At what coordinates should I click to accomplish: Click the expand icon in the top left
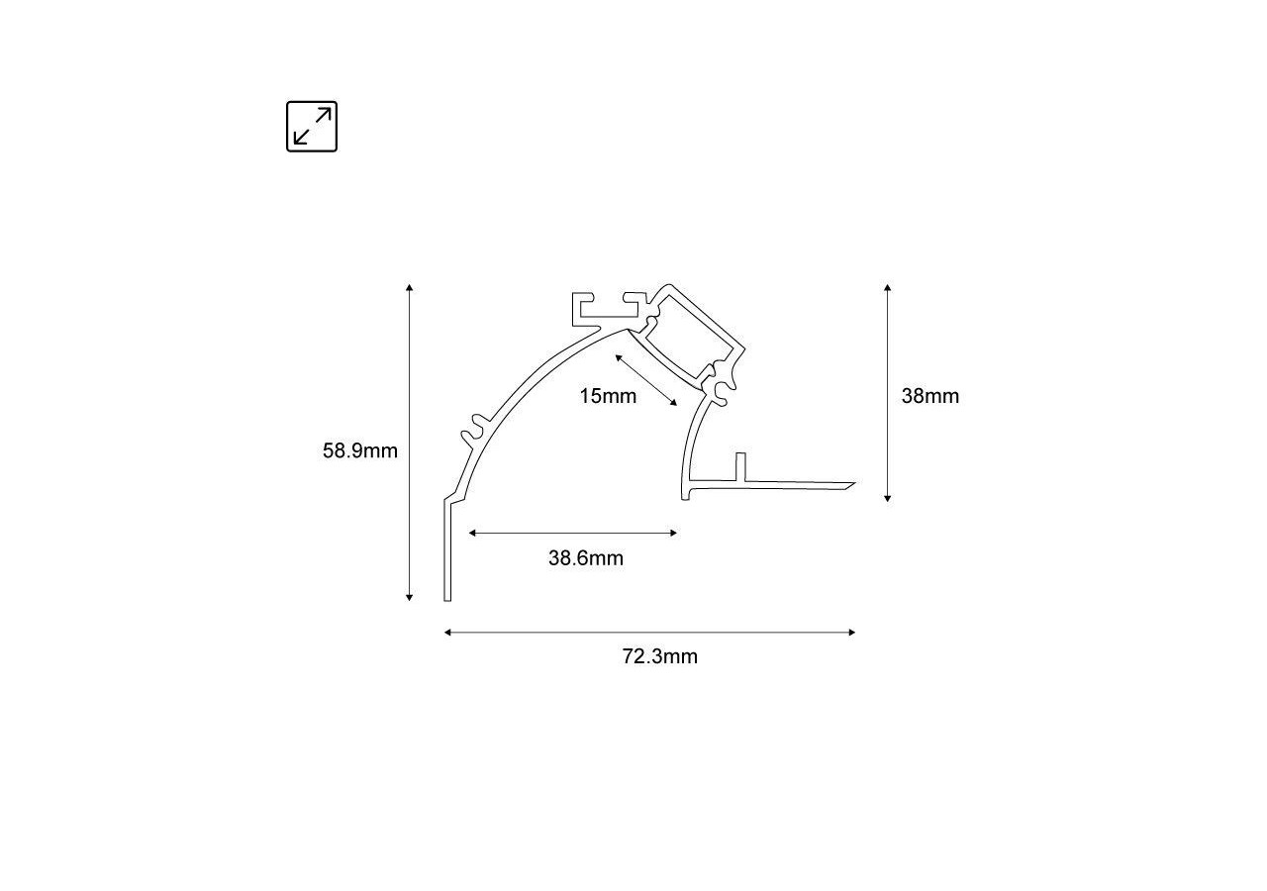312,127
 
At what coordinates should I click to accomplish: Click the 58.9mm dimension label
360,451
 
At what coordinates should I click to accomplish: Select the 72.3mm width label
660,656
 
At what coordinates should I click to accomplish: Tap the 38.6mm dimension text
586,558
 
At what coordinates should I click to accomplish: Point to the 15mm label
608,397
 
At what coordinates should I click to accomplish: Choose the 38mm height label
930,396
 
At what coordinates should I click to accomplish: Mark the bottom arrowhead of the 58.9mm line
409,597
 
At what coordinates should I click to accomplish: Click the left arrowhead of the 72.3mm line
448,632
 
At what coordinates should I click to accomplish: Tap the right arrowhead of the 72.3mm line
851,632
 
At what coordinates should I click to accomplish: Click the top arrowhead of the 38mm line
888,288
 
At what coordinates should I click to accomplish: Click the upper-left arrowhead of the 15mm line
619,355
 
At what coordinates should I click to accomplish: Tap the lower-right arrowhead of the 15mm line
674,403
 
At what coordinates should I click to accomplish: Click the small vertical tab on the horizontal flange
738,466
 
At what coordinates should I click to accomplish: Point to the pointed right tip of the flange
852,485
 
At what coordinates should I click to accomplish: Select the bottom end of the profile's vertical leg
447,599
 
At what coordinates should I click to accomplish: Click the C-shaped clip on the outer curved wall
473,428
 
